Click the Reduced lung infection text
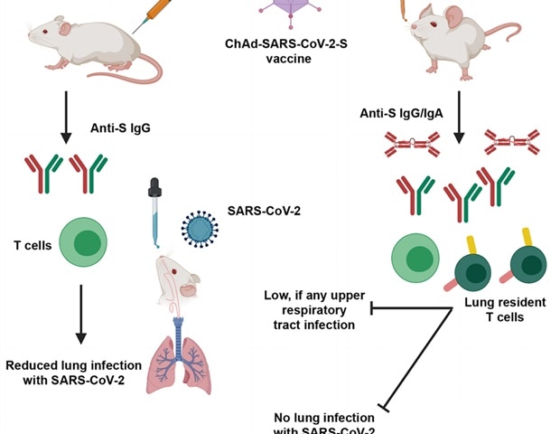(x=73, y=372)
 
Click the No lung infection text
(x=324, y=423)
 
